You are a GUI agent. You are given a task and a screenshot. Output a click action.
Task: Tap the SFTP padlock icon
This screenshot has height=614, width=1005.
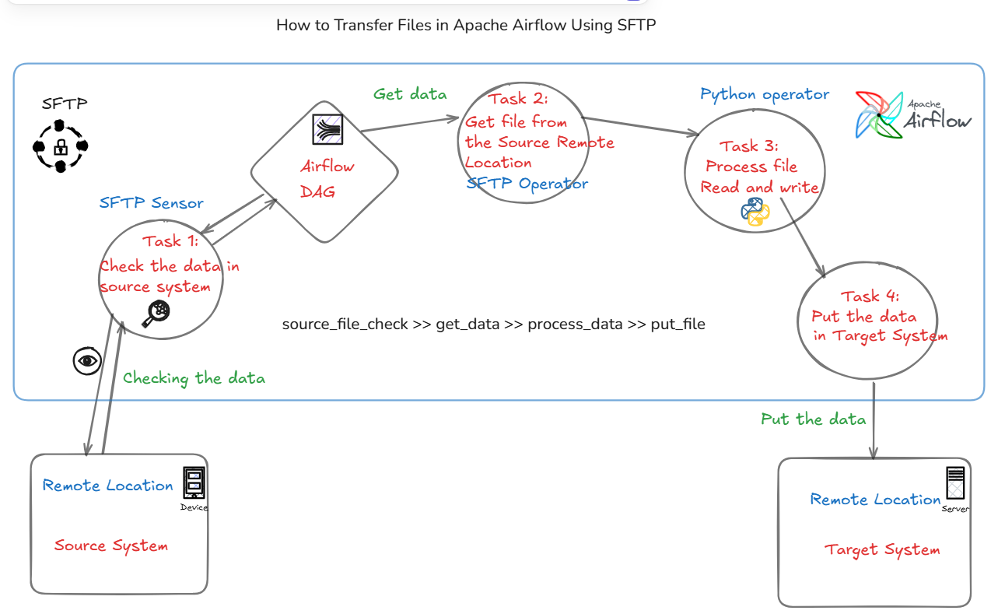pyautogui.click(x=61, y=146)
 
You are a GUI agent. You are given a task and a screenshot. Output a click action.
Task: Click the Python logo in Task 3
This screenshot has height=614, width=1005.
pyautogui.click(x=755, y=212)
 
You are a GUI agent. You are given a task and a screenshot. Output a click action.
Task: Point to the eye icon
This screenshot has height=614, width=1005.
pyautogui.click(x=87, y=360)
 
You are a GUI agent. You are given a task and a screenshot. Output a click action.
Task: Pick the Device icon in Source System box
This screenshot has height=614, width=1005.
pyautogui.click(x=194, y=482)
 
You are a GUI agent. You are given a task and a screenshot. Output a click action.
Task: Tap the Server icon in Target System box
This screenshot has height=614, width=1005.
pyautogui.click(x=955, y=483)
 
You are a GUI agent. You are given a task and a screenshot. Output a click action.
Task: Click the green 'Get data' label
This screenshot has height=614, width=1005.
pyautogui.click(x=410, y=94)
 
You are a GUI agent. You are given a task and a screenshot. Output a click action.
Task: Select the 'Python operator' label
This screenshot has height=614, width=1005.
pyautogui.click(x=765, y=94)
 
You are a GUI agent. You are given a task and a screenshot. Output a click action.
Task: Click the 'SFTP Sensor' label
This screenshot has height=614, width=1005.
pyautogui.click(x=151, y=203)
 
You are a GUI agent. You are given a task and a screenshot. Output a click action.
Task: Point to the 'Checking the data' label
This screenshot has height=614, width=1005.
pyautogui.click(x=194, y=378)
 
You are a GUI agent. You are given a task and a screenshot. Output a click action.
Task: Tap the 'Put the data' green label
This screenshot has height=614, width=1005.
pyautogui.click(x=813, y=419)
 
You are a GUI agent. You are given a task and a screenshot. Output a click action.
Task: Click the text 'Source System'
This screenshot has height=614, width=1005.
pyautogui.click(x=111, y=546)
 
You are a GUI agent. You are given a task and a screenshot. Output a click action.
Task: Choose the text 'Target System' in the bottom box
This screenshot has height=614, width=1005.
pyautogui.click(x=882, y=550)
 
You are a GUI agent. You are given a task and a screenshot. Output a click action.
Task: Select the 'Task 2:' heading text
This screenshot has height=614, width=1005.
pyautogui.click(x=519, y=99)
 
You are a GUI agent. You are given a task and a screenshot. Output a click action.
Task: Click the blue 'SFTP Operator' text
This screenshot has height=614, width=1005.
pyautogui.click(x=527, y=184)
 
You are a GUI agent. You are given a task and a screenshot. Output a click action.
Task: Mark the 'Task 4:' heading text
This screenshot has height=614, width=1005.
pyautogui.click(x=870, y=296)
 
